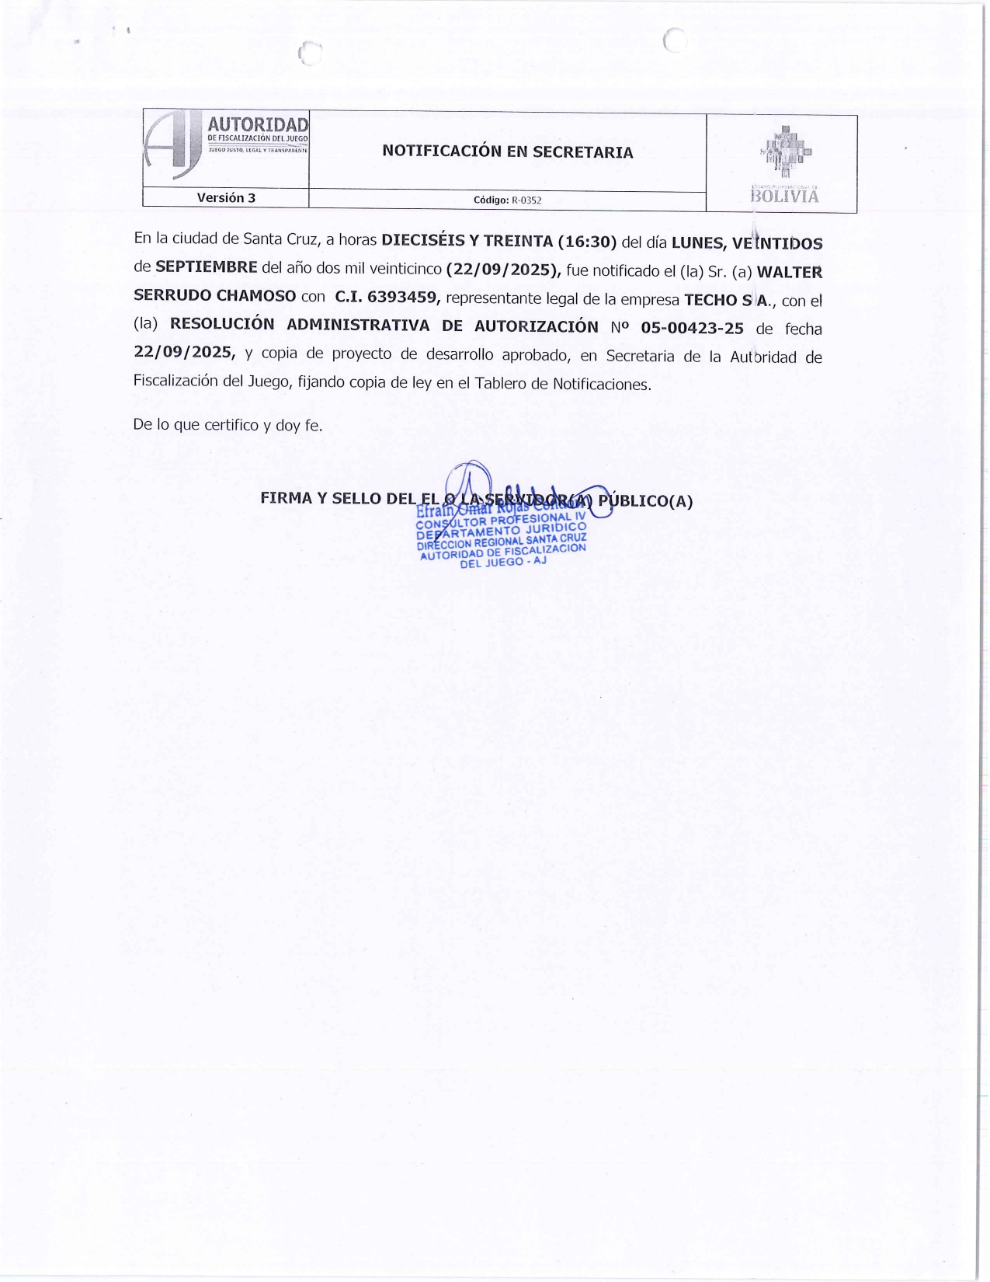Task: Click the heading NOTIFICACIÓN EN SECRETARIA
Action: (x=507, y=152)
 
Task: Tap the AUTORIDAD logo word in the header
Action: (x=257, y=124)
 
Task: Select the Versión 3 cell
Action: (x=226, y=198)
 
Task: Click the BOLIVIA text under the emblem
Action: (x=784, y=197)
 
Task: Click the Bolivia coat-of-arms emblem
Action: (x=784, y=153)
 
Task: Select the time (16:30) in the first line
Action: (x=587, y=242)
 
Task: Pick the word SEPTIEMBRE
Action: (x=207, y=267)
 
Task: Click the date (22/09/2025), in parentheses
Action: (x=504, y=270)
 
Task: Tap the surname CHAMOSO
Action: (x=256, y=296)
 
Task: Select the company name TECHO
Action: (x=710, y=300)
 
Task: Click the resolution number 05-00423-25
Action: (x=692, y=328)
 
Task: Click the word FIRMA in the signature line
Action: (x=286, y=498)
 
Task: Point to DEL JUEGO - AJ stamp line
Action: (x=503, y=562)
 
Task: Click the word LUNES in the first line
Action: (x=697, y=243)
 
